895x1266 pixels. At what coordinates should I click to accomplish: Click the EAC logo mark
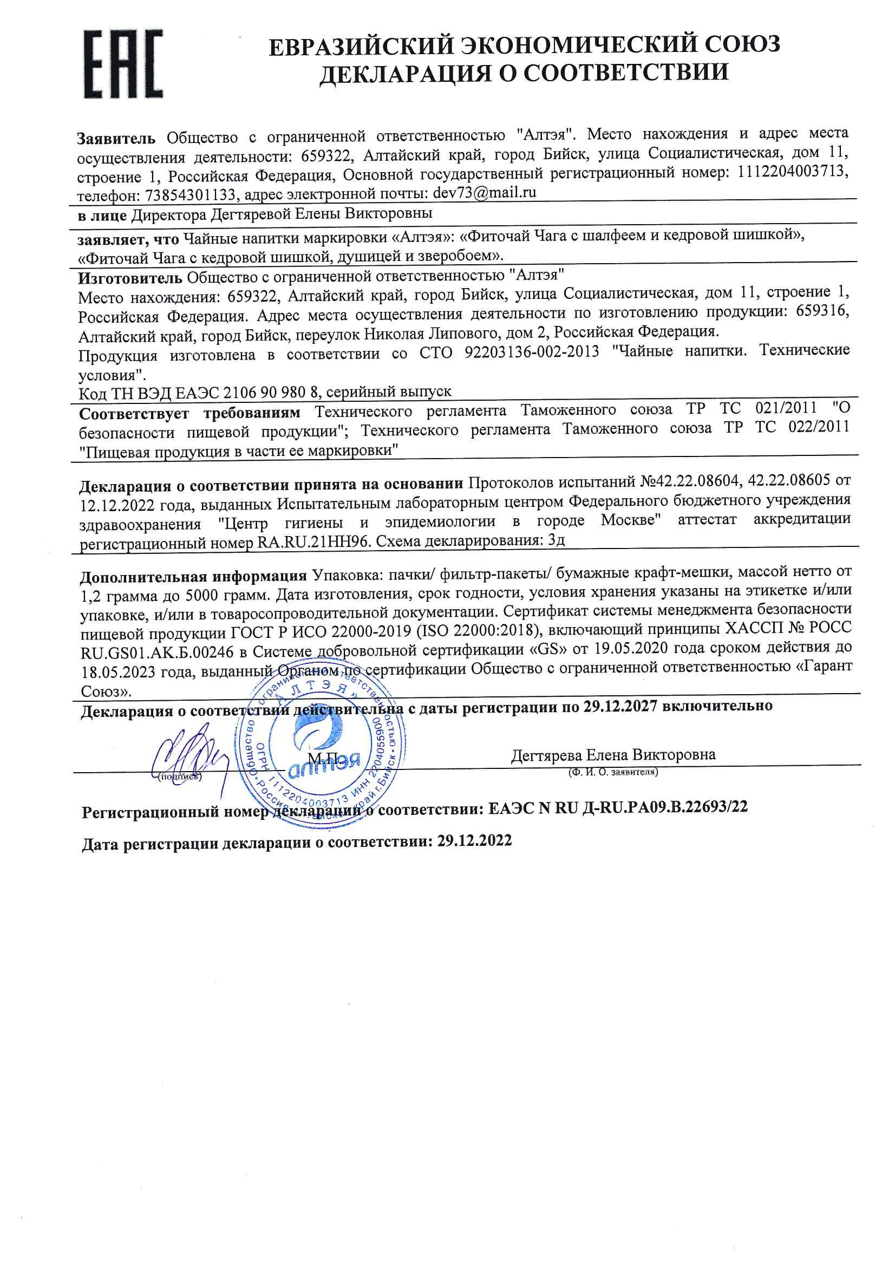(x=123, y=64)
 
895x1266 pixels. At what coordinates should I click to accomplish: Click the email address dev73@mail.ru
(x=484, y=192)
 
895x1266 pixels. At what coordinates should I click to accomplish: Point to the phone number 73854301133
(x=191, y=195)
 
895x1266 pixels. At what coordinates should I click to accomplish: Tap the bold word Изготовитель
(x=129, y=277)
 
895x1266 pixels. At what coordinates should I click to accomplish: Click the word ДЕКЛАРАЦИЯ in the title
(x=405, y=73)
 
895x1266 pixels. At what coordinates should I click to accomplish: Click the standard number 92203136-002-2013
(x=531, y=352)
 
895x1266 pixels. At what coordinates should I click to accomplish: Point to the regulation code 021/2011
(x=785, y=408)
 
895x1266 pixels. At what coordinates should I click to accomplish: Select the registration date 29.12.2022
(x=474, y=841)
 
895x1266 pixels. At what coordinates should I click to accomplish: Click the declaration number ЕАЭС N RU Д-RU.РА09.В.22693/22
(x=618, y=807)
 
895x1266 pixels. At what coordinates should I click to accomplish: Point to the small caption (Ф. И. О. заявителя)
(x=613, y=772)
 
